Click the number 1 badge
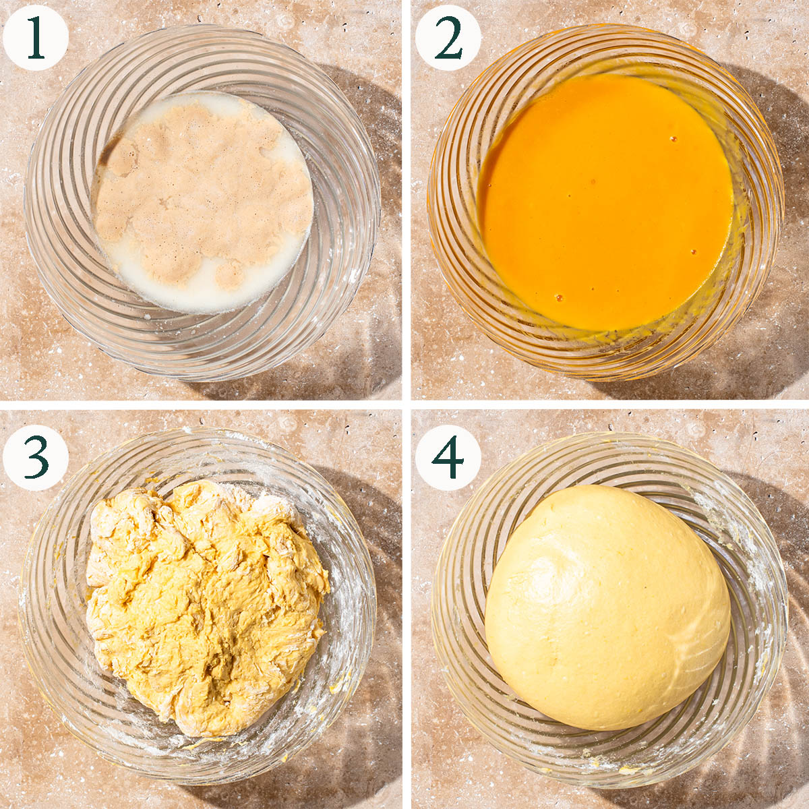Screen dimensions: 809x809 pyautogui.click(x=36, y=38)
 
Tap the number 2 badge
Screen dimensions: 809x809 pyautogui.click(x=448, y=38)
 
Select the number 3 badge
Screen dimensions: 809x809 pyautogui.click(x=36, y=458)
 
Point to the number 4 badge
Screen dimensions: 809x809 pyautogui.click(x=448, y=458)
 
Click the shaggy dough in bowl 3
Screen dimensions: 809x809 pyautogui.click(x=206, y=605)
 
